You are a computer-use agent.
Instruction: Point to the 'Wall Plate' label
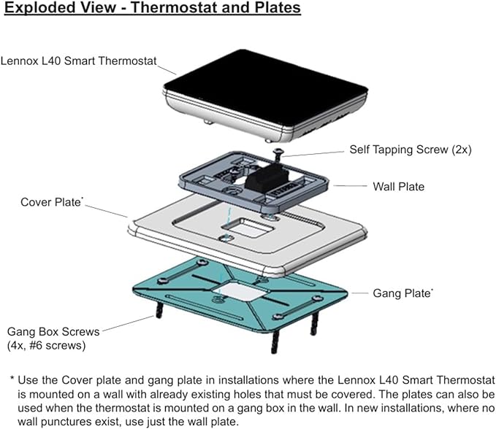(x=398, y=187)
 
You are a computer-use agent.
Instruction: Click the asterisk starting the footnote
(x=12, y=380)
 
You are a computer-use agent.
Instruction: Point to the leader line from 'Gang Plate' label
(x=359, y=293)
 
